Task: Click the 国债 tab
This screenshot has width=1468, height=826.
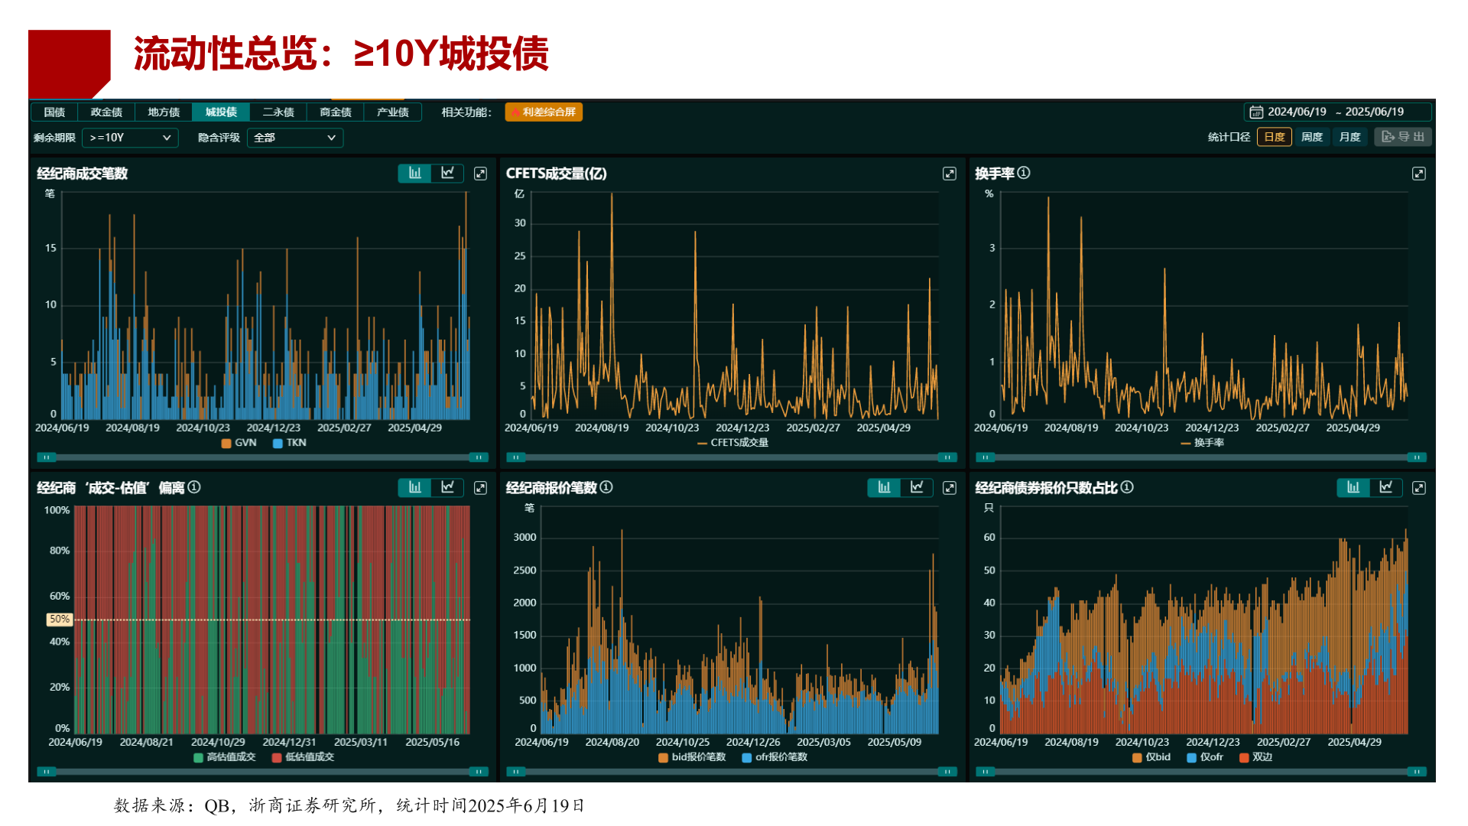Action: [x=54, y=112]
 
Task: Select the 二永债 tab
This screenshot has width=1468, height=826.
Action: [x=278, y=112]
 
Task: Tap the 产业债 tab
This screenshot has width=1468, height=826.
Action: [x=392, y=112]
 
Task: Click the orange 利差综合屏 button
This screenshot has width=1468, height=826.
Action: [x=544, y=112]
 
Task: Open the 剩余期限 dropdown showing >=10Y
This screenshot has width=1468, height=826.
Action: [x=130, y=138]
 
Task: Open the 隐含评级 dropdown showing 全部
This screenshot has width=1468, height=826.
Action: [x=294, y=138]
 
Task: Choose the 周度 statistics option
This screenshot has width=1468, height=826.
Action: [x=1312, y=137]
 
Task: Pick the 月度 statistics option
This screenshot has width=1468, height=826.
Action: [x=1350, y=137]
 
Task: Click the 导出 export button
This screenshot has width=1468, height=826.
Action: [x=1403, y=137]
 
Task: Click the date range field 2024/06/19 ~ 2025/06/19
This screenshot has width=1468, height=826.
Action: [x=1336, y=112]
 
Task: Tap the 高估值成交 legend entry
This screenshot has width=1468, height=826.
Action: [x=225, y=757]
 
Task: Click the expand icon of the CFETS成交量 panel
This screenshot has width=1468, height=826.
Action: [x=950, y=174]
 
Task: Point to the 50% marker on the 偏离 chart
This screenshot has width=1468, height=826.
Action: [x=60, y=619]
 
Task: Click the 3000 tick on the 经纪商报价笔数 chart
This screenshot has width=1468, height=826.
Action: [x=525, y=538]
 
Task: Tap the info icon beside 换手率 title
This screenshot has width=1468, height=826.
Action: [x=1024, y=173]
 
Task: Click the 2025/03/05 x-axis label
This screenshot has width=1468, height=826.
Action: [x=823, y=742]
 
